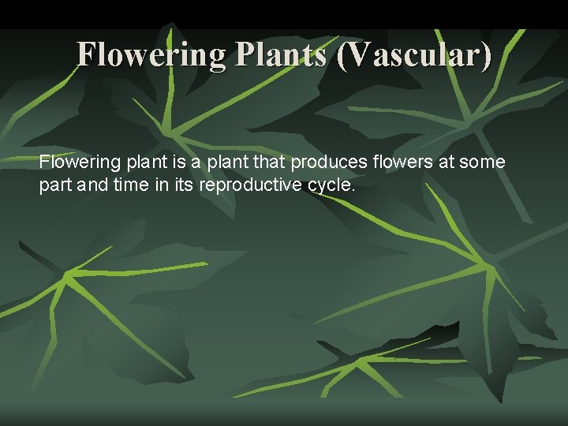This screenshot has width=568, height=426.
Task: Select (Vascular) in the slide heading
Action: pos(413,55)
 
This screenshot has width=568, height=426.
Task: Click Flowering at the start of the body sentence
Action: pos(79,163)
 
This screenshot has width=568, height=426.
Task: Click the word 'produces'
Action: pos(327,163)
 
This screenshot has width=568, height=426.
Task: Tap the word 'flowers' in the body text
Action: pos(398,163)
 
